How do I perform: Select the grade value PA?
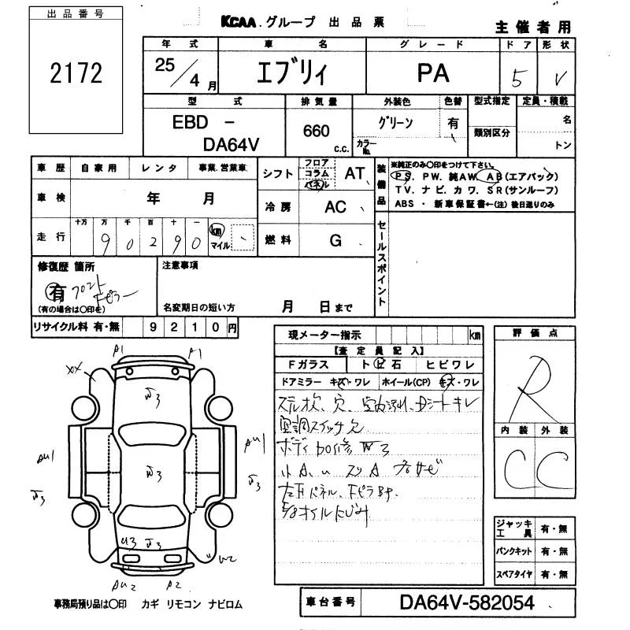tap(433, 73)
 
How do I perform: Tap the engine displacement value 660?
tap(316, 131)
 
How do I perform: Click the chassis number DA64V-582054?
tap(467, 603)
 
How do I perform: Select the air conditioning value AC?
tap(335, 207)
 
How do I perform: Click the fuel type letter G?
tap(335, 241)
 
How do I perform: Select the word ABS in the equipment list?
tap(405, 204)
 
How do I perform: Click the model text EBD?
tap(191, 124)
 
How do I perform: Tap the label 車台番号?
tap(330, 603)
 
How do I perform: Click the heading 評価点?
tap(530, 334)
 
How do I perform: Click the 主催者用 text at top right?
tap(532, 27)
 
